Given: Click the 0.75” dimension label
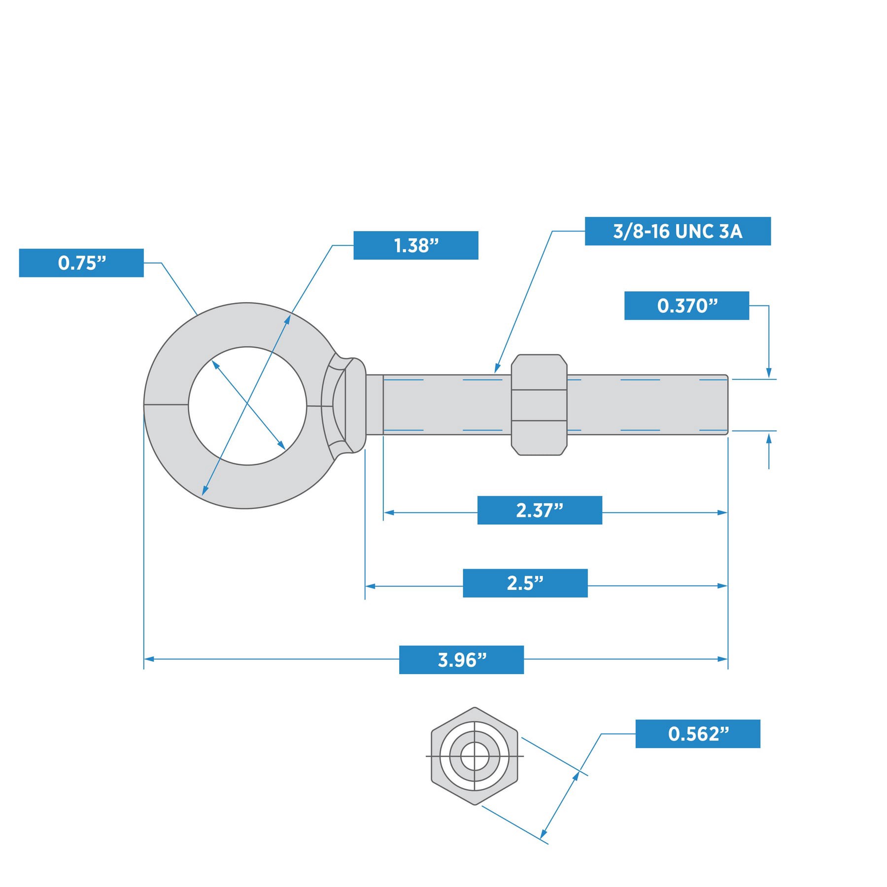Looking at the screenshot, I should point(81,263).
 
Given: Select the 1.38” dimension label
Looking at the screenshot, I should point(415,245).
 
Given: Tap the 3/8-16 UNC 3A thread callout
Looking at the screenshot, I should point(677,231).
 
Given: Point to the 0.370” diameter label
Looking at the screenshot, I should point(686,306).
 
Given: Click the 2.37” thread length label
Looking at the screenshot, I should point(539,510).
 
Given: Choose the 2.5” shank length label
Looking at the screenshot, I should point(525,583).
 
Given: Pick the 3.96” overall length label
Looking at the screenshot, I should point(461,659).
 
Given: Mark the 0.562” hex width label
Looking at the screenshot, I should point(697,734).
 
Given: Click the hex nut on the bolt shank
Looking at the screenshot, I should point(539,405).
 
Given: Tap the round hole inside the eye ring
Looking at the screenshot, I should point(247,406).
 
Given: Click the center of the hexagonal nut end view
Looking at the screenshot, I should point(475,756).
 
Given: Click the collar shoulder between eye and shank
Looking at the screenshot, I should point(356,405).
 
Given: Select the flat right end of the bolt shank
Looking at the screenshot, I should point(726,405).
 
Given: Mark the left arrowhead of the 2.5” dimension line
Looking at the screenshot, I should point(370,586).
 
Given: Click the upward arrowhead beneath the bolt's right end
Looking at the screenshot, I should point(768,438).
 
